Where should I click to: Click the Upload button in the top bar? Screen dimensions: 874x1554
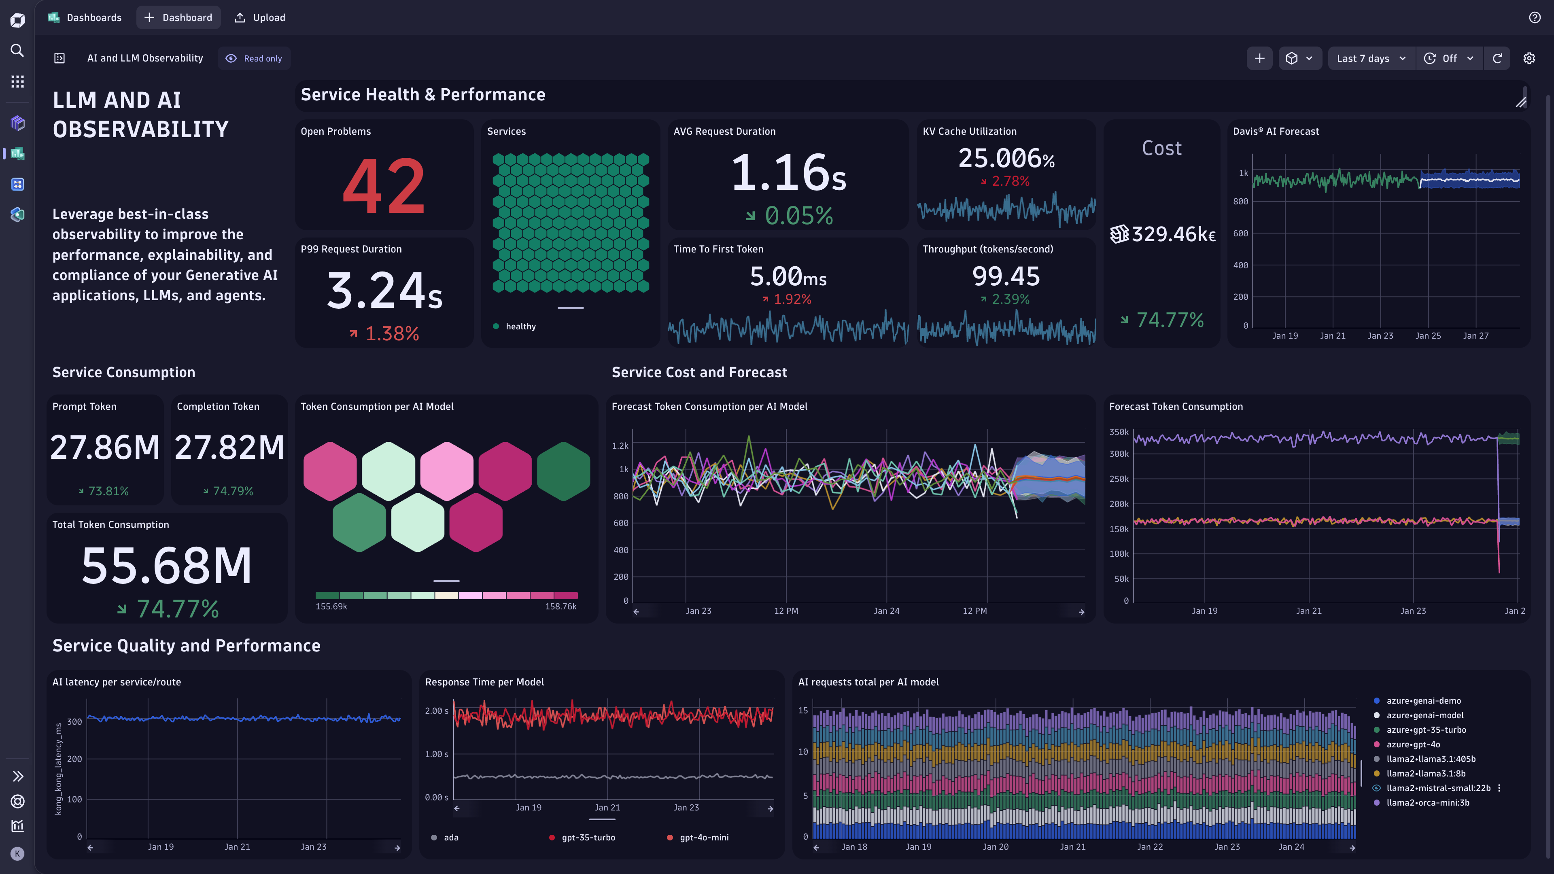point(260,17)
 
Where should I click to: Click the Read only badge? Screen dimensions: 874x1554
point(254,59)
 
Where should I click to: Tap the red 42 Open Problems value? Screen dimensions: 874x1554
point(384,186)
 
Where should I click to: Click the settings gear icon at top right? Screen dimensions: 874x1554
point(1529,59)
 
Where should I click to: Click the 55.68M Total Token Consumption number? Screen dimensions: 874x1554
point(166,566)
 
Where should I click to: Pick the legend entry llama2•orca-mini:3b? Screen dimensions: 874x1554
point(1427,802)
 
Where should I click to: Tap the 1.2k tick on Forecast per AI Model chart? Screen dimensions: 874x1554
point(620,446)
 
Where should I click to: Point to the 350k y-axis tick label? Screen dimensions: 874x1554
point(1119,432)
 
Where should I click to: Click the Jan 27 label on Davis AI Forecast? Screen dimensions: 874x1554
point(1475,335)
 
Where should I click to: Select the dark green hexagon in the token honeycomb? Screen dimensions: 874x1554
point(563,471)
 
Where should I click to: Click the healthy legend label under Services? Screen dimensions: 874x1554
point(520,326)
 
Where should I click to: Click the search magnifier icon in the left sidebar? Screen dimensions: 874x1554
point(17,50)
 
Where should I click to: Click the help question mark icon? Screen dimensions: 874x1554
point(1535,17)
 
